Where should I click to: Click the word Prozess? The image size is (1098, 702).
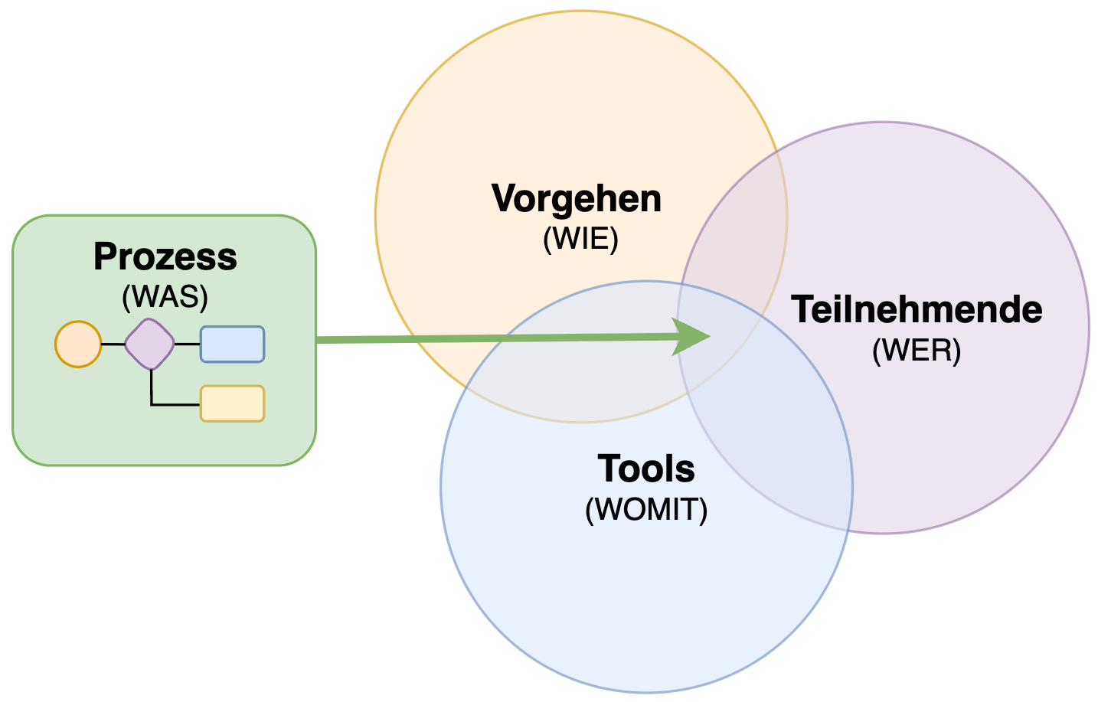(x=165, y=257)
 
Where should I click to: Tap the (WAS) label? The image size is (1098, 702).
(x=165, y=296)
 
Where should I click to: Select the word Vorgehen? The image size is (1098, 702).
(x=577, y=199)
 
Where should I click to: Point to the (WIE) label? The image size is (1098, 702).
(x=580, y=240)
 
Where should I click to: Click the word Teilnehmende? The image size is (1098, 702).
(x=917, y=310)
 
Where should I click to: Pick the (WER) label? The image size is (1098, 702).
(x=916, y=351)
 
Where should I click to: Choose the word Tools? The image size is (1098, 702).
(x=645, y=469)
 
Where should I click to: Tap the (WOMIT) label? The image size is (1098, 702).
(x=646, y=510)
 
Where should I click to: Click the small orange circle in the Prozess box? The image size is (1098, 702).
(x=78, y=344)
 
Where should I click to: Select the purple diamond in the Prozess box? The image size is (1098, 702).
(x=150, y=344)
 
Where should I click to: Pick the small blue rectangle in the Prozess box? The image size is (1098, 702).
(x=232, y=344)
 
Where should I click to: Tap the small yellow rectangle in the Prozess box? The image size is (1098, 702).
(x=232, y=403)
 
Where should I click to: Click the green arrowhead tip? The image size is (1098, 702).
(x=709, y=335)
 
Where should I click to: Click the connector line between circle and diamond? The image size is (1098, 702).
(x=113, y=344)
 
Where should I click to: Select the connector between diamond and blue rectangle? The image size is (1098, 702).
(x=188, y=344)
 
